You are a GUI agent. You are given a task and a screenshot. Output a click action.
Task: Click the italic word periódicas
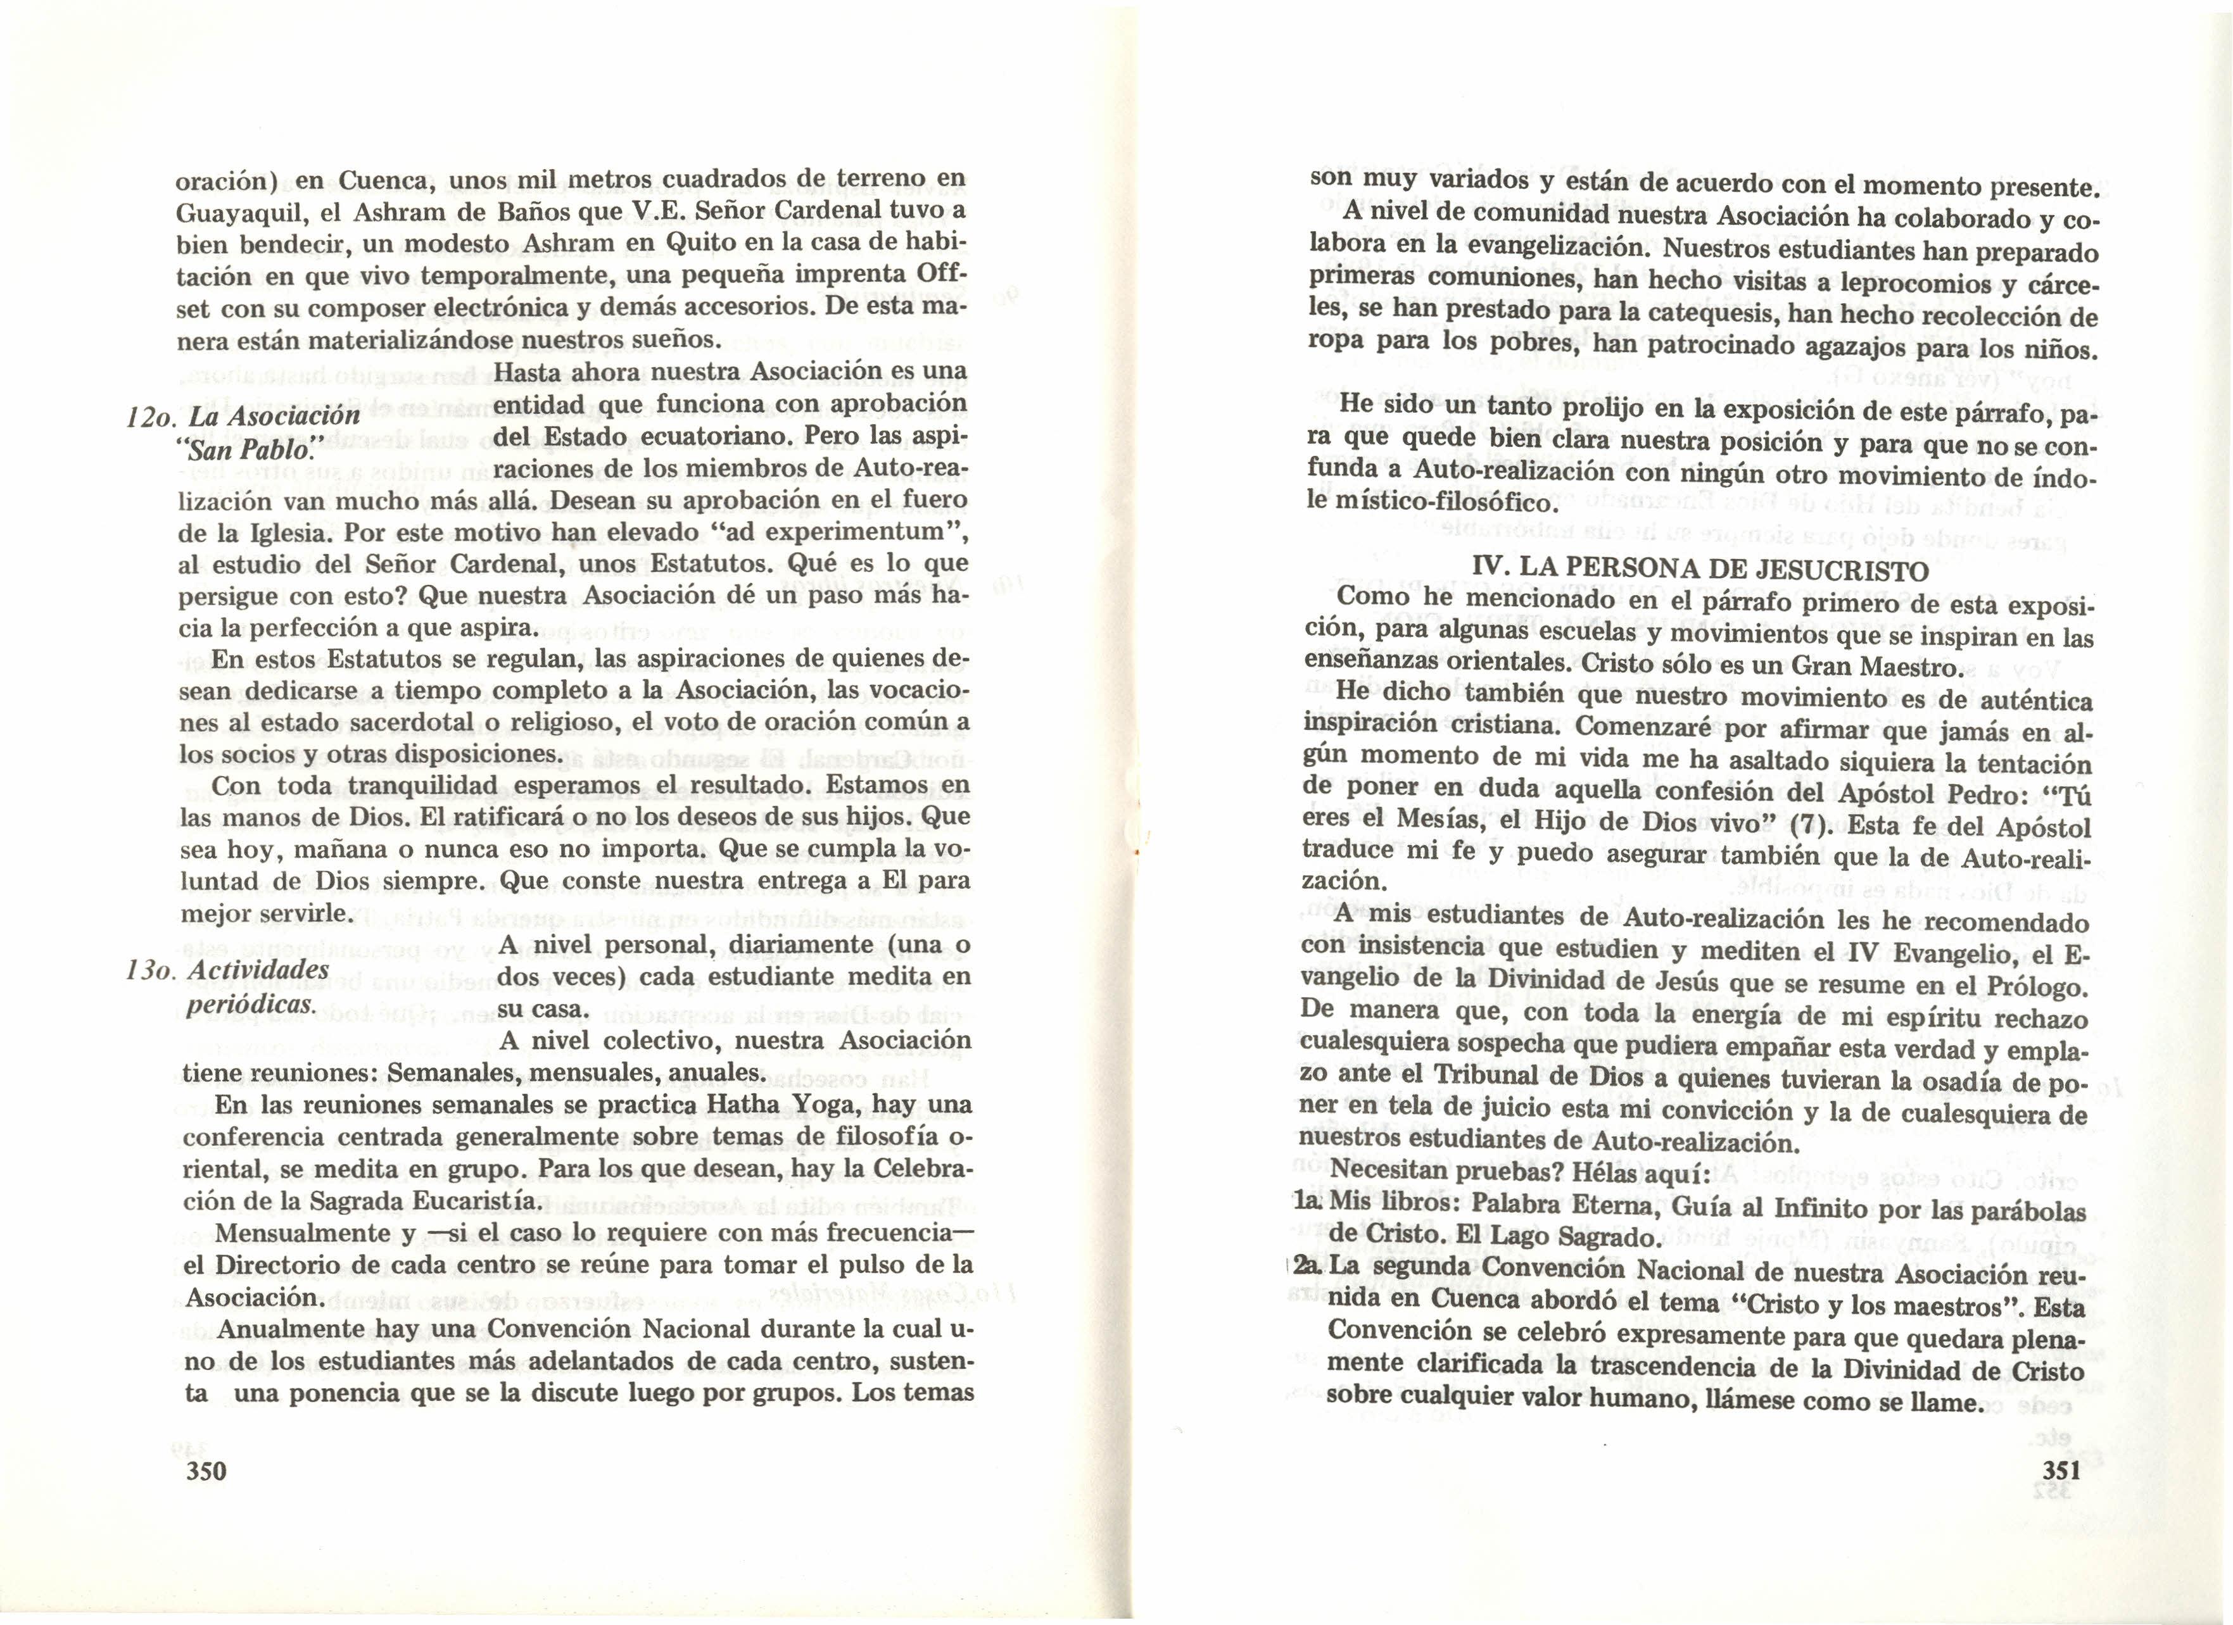(251, 1004)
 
